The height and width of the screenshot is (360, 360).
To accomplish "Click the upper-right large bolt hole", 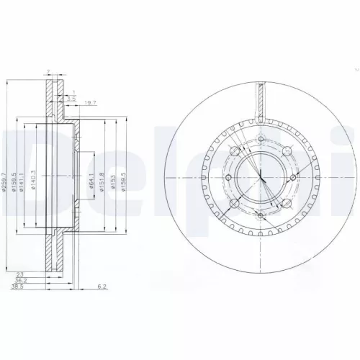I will click(287, 150).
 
